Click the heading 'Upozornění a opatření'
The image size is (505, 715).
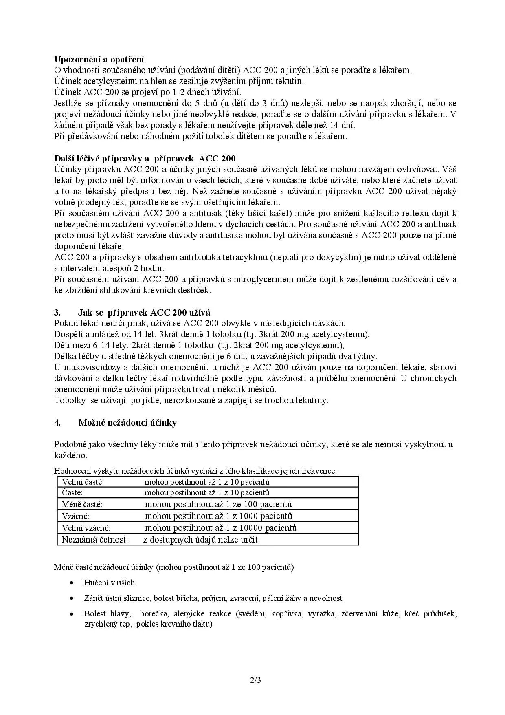99,60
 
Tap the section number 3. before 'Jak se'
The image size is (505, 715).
57,313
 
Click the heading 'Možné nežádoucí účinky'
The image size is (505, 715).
127,423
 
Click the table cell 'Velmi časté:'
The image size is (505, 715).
83,482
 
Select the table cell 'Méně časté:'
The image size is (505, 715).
82,504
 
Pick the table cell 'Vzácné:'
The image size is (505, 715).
75,516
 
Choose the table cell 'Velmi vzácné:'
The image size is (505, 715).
86,528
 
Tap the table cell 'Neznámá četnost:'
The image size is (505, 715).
95,540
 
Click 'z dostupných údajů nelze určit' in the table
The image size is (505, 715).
200,540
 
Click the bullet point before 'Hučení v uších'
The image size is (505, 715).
72,583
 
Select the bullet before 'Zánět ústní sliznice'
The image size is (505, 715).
72,598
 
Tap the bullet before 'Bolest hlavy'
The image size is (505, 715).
72,614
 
